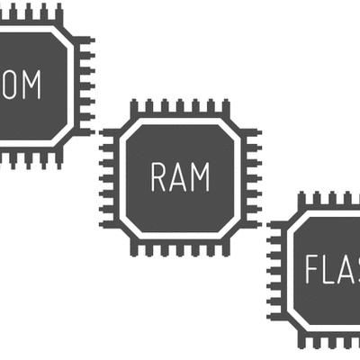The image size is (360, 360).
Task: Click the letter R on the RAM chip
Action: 159,178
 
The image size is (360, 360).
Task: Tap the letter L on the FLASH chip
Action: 332,269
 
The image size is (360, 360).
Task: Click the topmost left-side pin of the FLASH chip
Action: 275,224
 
